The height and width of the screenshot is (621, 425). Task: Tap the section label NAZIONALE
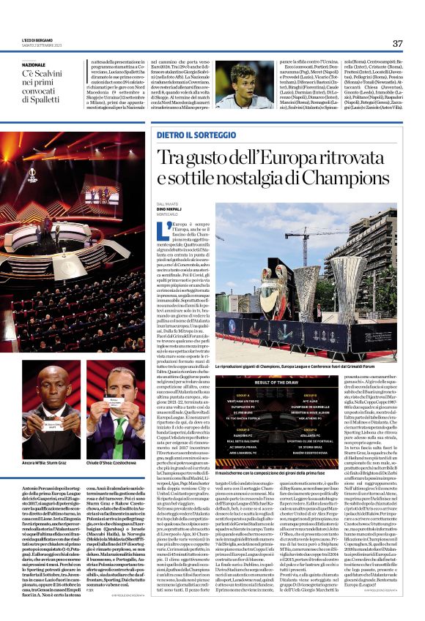37,64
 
